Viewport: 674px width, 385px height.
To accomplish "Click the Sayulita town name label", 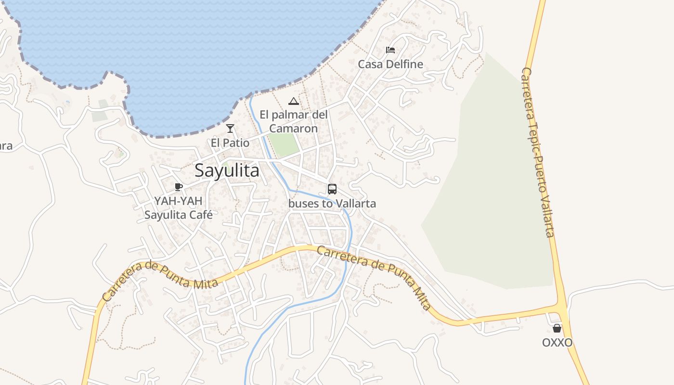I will click(x=227, y=170).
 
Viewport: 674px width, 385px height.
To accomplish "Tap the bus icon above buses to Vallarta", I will click(x=332, y=189).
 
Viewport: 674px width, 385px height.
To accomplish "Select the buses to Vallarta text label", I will click(x=332, y=204).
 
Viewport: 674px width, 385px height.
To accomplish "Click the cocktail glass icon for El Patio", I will click(x=230, y=128).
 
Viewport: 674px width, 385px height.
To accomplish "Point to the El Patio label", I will click(x=230, y=143).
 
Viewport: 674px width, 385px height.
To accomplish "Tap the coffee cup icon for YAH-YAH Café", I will click(x=179, y=187).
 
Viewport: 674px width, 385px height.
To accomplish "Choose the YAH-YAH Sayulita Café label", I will click(x=179, y=207).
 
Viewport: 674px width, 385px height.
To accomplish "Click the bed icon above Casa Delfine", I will click(x=390, y=50).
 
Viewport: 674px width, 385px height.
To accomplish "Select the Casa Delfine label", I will click(x=390, y=64).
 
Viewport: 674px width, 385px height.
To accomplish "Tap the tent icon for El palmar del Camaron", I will click(x=293, y=101).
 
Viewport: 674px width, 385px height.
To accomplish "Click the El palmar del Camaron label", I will click(x=293, y=121).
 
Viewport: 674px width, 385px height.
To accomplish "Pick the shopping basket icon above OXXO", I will click(x=557, y=328).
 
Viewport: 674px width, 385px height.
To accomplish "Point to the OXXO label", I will click(x=557, y=343).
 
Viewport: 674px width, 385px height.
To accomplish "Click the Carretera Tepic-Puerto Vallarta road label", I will click(x=538, y=152).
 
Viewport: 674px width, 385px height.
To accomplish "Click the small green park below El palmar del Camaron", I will click(x=284, y=143).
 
